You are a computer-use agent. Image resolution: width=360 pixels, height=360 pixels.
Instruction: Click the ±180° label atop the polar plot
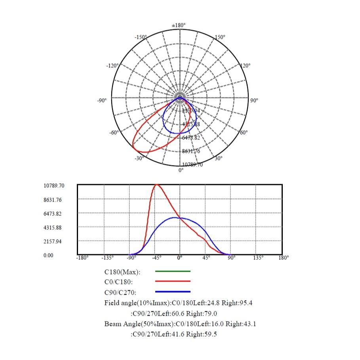pyautogui.click(x=179, y=25)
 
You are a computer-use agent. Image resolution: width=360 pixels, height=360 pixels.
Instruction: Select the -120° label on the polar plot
pyautogui.click(x=112, y=65)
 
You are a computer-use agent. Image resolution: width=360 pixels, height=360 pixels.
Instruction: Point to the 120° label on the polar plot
pyautogui.click(x=246, y=65)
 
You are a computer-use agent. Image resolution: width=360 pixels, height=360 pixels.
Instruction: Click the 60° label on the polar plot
pyautogui.click(x=244, y=132)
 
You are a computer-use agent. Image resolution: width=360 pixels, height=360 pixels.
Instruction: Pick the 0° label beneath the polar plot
pyautogui.click(x=181, y=170)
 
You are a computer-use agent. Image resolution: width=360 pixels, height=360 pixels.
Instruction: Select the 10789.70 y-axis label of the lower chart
pyautogui.click(x=54, y=186)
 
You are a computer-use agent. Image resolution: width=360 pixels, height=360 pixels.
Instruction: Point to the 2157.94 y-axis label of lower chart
pyautogui.click(x=53, y=242)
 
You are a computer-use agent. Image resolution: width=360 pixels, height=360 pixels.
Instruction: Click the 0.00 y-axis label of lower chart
pyautogui.click(x=48, y=255)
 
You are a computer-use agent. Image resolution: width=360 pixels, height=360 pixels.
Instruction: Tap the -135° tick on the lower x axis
pyautogui.click(x=108, y=257)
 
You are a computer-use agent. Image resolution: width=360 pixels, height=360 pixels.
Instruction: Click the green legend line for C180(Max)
pyautogui.click(x=173, y=271)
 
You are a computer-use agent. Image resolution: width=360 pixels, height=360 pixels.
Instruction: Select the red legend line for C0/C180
pyautogui.click(x=173, y=281)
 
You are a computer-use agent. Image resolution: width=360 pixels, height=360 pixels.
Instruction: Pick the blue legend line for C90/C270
pyautogui.click(x=173, y=291)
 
